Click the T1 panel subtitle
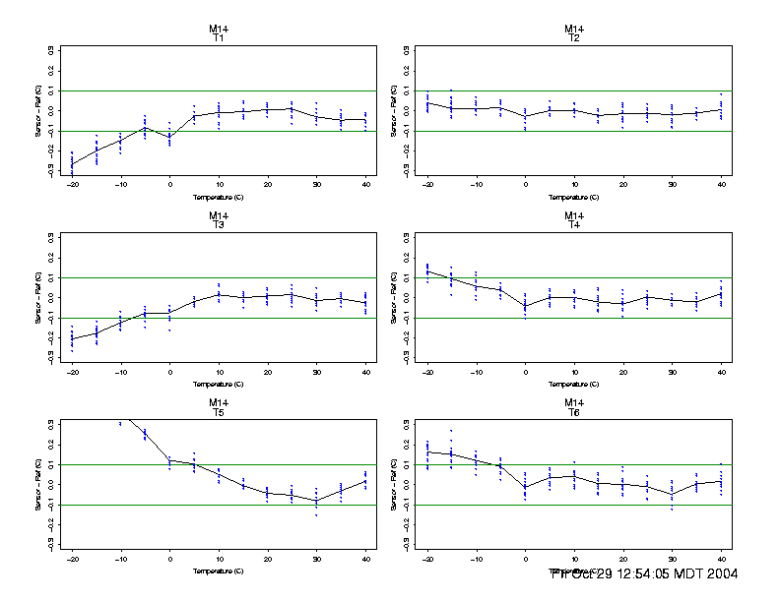pyautogui.click(x=219, y=37)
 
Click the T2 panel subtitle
pyautogui.click(x=574, y=37)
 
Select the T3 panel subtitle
pyautogui.click(x=219, y=224)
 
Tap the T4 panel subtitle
pyautogui.click(x=574, y=224)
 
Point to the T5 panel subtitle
pyautogui.click(x=219, y=411)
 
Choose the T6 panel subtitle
pyautogui.click(x=574, y=411)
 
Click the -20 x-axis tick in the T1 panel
pyautogui.click(x=72, y=184)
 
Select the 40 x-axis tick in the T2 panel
pyautogui.click(x=721, y=184)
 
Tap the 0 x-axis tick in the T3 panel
pyautogui.click(x=169, y=371)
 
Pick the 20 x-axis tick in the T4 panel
pyautogui.click(x=622, y=371)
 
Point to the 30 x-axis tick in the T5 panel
pyautogui.click(x=316, y=558)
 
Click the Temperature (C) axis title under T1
pyautogui.click(x=219, y=197)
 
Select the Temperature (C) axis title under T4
pyautogui.click(x=574, y=384)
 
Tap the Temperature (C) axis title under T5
pyautogui.click(x=219, y=571)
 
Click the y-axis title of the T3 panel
pyautogui.click(x=37, y=297)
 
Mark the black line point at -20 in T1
pyautogui.click(x=72, y=164)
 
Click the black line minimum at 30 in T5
pyautogui.click(x=316, y=501)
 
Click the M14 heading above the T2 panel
pyautogui.click(x=574, y=29)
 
